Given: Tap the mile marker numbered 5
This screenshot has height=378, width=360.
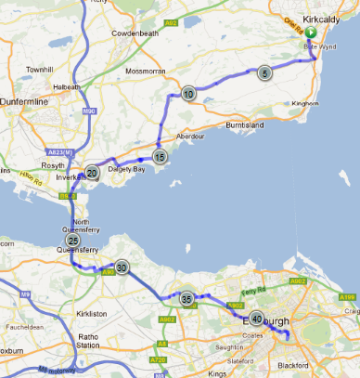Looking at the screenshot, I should click(264, 72).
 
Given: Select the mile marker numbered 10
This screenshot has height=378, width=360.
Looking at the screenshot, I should click(188, 93).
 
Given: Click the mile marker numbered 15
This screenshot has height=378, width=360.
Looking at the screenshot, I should click(160, 157).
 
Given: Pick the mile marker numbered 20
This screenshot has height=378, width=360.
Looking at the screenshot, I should click(92, 172).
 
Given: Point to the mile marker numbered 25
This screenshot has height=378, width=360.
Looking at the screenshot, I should click(72, 241).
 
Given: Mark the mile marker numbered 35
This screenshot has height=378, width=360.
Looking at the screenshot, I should click(187, 299).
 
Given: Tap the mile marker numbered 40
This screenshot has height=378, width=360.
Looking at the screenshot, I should click(256, 318).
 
